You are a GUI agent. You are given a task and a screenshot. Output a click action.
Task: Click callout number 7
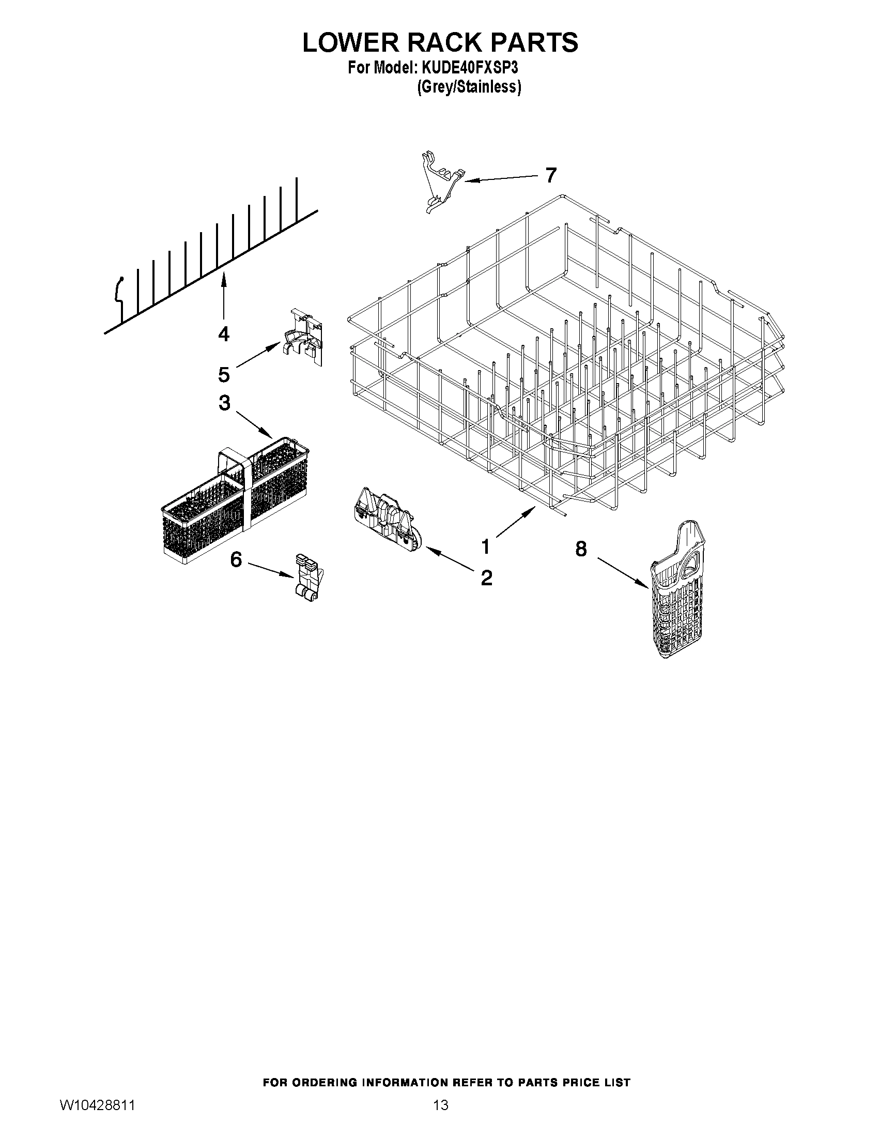click(x=551, y=175)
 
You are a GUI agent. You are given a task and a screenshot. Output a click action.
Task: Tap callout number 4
click(x=224, y=334)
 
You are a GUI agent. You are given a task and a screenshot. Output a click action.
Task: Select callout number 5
click(x=224, y=374)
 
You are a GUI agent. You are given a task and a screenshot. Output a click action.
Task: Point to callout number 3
click(x=224, y=403)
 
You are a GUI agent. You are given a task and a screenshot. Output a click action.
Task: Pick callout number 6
click(x=236, y=559)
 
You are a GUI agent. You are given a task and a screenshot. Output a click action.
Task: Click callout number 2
click(x=486, y=578)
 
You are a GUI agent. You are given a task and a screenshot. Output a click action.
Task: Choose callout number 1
click(x=485, y=547)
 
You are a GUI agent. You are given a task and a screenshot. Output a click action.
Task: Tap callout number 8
click(x=581, y=549)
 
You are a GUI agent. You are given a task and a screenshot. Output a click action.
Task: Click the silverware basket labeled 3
click(x=234, y=500)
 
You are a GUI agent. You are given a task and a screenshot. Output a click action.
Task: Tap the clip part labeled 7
click(x=441, y=183)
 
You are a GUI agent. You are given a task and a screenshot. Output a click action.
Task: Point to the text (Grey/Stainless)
click(x=469, y=87)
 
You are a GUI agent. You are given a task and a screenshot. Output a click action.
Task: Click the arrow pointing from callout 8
click(x=623, y=573)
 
